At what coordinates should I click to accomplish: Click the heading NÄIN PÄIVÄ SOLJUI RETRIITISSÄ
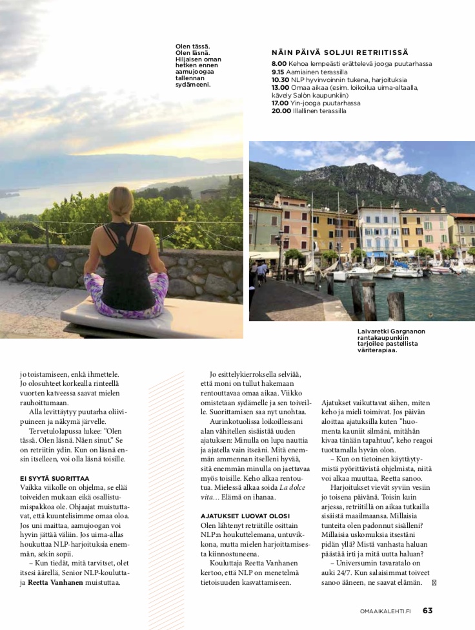coord(339,52)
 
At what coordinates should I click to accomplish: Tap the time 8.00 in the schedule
coord(279,64)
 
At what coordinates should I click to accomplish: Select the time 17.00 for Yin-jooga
coord(281,103)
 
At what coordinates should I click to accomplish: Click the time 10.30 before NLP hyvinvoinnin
coord(281,79)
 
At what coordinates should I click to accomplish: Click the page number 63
coord(428,611)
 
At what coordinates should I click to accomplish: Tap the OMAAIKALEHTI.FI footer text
coord(385,611)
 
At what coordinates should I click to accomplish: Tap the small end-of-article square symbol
coord(433,582)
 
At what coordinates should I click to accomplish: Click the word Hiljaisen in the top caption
coord(192,59)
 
